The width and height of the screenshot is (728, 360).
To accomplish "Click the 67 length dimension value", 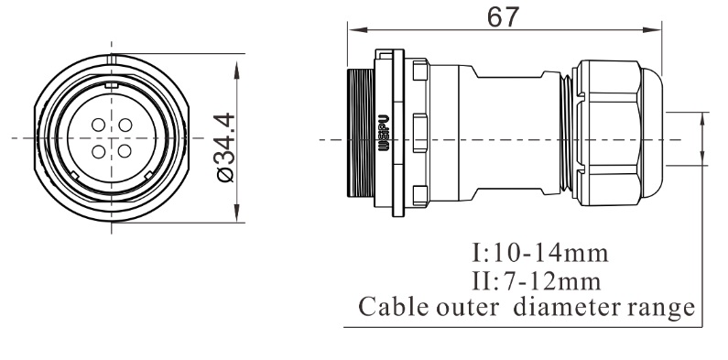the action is pyautogui.click(x=503, y=17).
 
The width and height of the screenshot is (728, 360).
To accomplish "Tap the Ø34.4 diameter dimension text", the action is pyautogui.click(x=225, y=147).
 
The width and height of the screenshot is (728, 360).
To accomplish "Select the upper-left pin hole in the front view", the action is pyautogui.click(x=98, y=125).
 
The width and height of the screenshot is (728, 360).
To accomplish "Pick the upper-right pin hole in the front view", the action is pyautogui.click(x=125, y=125).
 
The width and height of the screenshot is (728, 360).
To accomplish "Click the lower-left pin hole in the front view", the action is pyautogui.click(x=98, y=151).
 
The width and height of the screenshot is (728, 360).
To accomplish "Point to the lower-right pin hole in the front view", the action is pyautogui.click(x=125, y=151).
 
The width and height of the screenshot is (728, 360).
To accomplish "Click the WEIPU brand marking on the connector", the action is pyautogui.click(x=384, y=134).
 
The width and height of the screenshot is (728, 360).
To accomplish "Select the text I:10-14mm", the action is pyautogui.click(x=540, y=253).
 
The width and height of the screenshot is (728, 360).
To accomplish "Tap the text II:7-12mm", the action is pyautogui.click(x=537, y=281).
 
